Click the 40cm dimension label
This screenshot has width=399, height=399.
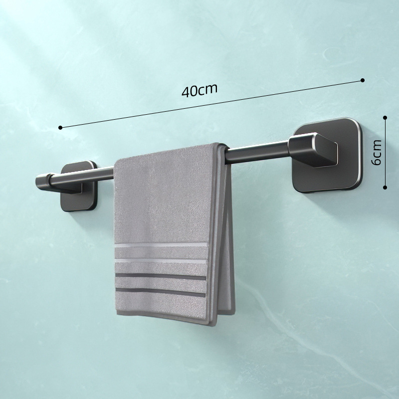[x=200, y=91]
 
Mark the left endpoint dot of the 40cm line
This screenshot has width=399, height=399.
[x=60, y=128]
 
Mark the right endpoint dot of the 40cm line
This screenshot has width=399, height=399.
[x=363, y=80]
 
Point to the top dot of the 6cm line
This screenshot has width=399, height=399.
[x=385, y=118]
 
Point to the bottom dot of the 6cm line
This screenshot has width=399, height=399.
[x=385, y=188]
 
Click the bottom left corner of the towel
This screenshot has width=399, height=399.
[x=117, y=314]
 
